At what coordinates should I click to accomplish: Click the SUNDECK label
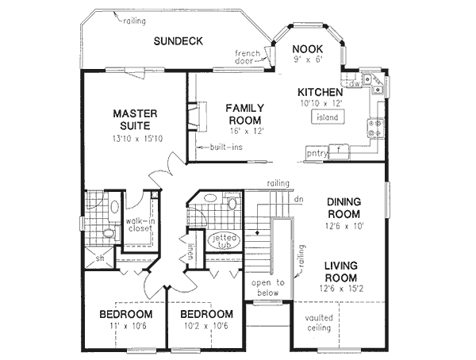179,41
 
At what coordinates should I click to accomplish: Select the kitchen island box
326,117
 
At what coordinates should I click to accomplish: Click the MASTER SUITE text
136,120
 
